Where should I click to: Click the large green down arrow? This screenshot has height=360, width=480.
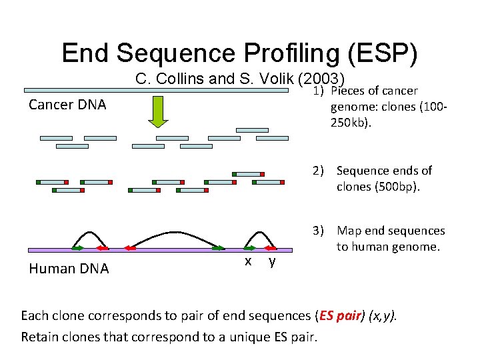158,111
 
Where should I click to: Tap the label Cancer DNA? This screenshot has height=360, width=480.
67,105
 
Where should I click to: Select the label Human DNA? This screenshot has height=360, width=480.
69,268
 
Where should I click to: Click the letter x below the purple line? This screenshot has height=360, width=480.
248,261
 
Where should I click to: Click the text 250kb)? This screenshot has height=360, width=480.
353,123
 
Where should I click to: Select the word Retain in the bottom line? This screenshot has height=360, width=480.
41,336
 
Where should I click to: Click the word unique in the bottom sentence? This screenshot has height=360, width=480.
247,336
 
